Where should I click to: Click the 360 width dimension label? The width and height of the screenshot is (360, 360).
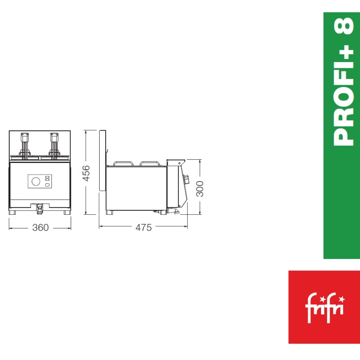[40, 227]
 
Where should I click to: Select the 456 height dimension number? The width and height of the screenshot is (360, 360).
[86, 173]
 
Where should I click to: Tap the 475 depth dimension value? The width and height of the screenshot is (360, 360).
[143, 227]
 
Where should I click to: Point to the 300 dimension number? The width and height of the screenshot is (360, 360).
[200, 189]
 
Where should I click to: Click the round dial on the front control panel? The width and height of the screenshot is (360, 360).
[36, 181]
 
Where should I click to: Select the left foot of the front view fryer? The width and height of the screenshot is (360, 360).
[12, 212]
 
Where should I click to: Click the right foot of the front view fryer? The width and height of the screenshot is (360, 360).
[67, 212]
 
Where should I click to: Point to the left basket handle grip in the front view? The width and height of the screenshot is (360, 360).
[25, 137]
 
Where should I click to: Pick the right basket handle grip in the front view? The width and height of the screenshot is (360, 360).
[54, 137]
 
